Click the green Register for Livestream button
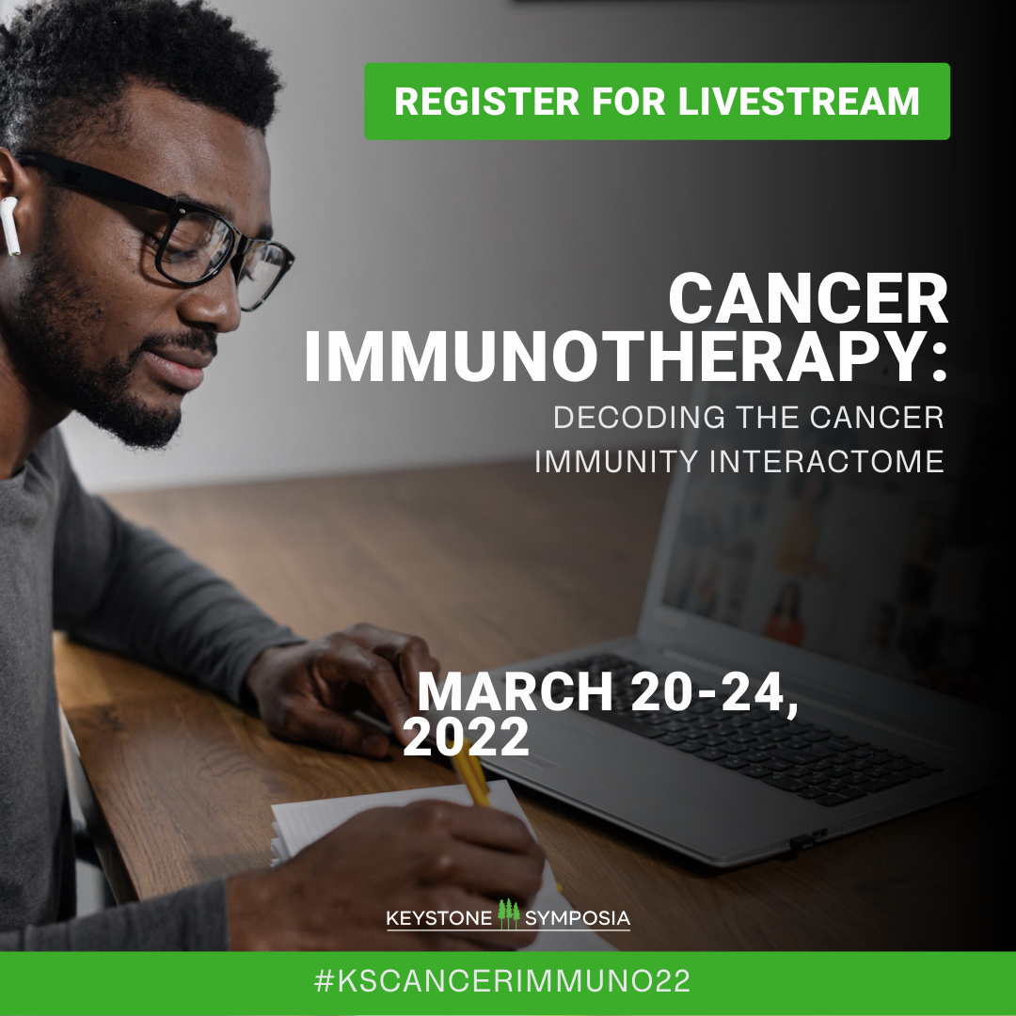(x=657, y=101)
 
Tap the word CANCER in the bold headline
(x=809, y=299)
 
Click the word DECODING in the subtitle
(x=639, y=418)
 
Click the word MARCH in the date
(x=516, y=692)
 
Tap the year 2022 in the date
(x=466, y=738)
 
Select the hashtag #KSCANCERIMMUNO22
(x=502, y=981)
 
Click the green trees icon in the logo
(x=509, y=913)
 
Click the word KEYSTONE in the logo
(x=439, y=919)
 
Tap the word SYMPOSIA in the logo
(x=578, y=919)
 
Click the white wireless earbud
(x=9, y=226)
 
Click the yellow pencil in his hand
(x=471, y=772)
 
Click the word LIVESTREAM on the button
(x=799, y=102)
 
